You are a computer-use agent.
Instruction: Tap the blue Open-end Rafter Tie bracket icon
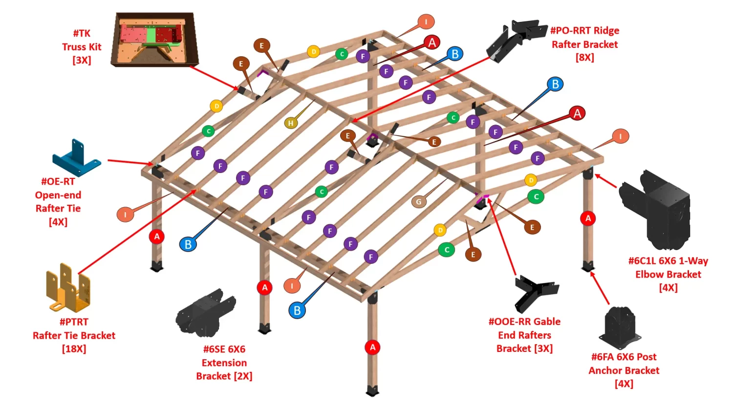[76, 158]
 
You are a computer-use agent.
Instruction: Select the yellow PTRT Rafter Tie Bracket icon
[69, 288]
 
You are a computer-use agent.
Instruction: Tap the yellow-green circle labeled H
[291, 123]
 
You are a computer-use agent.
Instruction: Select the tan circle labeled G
[418, 201]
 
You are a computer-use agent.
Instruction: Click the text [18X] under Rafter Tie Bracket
[74, 348]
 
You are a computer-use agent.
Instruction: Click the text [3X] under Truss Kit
[82, 60]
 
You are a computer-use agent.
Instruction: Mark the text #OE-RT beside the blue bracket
[58, 181]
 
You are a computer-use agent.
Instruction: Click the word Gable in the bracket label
[547, 322]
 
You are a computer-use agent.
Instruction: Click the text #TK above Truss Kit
[82, 33]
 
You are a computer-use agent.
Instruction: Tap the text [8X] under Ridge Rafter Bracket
[584, 57]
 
